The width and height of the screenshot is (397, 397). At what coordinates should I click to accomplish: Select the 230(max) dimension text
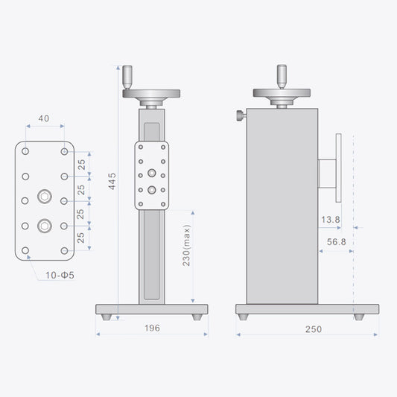point(187,247)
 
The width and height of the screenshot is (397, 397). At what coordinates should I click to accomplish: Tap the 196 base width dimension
point(152,328)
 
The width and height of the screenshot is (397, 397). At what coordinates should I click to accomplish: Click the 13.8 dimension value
point(331,220)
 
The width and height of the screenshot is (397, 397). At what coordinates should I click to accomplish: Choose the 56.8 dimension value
point(337,242)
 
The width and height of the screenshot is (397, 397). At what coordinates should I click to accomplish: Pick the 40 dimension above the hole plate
point(45,118)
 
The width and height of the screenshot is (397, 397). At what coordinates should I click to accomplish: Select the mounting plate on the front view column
point(152,176)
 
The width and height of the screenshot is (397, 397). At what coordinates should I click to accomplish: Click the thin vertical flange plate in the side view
point(339,168)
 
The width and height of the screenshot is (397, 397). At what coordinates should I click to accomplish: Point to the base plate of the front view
point(152,308)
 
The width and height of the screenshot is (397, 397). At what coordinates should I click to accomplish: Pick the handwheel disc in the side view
point(282,94)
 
